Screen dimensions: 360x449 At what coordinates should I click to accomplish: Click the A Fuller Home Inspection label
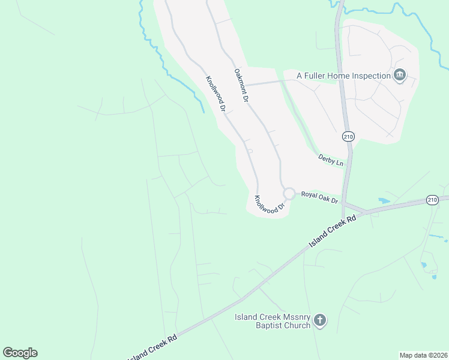click(343, 76)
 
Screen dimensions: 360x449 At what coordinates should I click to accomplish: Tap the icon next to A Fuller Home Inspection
click(400, 76)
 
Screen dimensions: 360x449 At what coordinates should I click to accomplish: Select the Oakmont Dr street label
click(241, 85)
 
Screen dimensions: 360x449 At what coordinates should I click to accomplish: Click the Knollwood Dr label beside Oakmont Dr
click(215, 94)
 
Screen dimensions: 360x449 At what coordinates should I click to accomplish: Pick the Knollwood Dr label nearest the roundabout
click(268, 205)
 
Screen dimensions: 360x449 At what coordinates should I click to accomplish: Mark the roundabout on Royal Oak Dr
click(289, 194)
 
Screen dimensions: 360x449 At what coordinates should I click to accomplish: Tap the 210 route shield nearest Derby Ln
click(348, 137)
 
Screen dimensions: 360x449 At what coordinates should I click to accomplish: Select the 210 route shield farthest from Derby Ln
click(432, 200)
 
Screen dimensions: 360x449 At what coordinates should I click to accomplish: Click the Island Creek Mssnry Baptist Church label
click(273, 321)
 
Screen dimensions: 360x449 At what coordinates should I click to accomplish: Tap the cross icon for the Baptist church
click(320, 320)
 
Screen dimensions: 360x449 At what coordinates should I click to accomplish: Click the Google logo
click(20, 353)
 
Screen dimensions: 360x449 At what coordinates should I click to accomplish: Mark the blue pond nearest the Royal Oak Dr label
click(384, 200)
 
